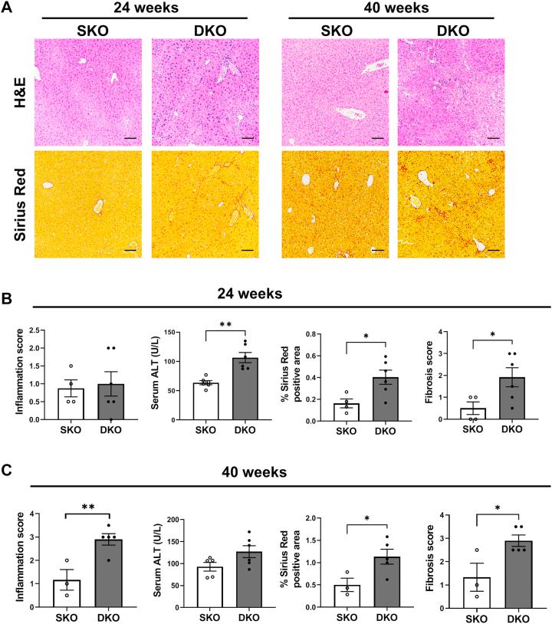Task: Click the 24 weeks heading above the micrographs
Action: [142, 8]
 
